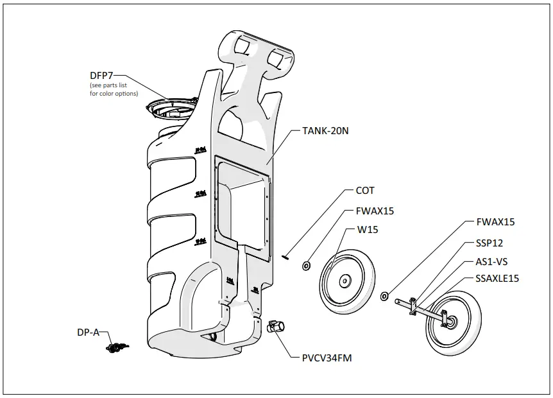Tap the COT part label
pos(364,191)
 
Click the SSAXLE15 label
pos(498,279)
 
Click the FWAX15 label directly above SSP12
pos(495,222)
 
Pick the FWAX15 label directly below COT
pos(375,211)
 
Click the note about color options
pos(114,90)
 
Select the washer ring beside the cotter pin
pos(307,264)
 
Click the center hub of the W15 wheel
pos(345,280)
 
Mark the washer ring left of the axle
pos(384,296)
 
